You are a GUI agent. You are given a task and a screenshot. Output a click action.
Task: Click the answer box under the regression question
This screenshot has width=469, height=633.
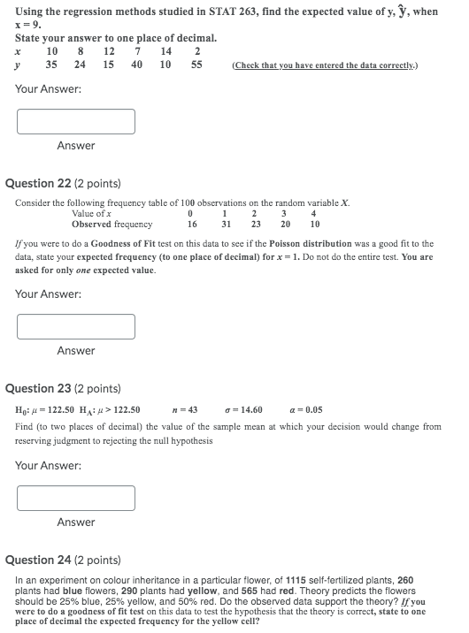[75, 121]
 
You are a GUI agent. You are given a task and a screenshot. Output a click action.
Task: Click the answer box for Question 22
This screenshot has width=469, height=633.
[75, 326]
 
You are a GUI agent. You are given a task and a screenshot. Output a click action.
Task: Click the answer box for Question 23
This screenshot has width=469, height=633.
[75, 498]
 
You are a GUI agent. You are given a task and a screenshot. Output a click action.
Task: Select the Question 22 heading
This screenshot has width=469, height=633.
[63, 184]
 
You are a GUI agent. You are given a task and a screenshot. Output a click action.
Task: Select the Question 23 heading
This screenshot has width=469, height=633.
[63, 389]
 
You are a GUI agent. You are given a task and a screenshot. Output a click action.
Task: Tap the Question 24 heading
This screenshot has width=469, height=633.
[63, 560]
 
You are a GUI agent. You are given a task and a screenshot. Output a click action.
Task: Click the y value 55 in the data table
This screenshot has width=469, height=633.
[196, 65]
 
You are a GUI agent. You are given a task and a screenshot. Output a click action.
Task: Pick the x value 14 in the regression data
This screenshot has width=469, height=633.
[166, 52]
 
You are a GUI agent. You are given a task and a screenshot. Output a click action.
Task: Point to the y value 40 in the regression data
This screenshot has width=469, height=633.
[136, 65]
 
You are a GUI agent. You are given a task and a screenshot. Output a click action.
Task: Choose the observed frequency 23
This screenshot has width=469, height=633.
[256, 225]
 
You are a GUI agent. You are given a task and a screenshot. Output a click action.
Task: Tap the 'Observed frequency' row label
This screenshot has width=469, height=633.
[111, 225]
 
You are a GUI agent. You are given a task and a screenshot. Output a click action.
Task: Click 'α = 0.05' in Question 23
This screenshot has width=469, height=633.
[306, 409]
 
